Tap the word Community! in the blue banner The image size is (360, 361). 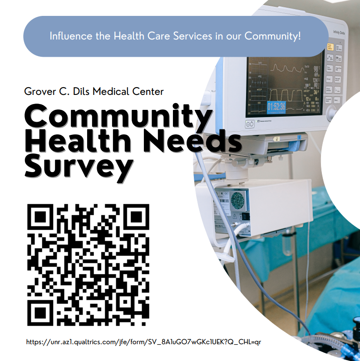click(x=272, y=36)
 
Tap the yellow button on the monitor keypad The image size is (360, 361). click(x=330, y=47)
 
